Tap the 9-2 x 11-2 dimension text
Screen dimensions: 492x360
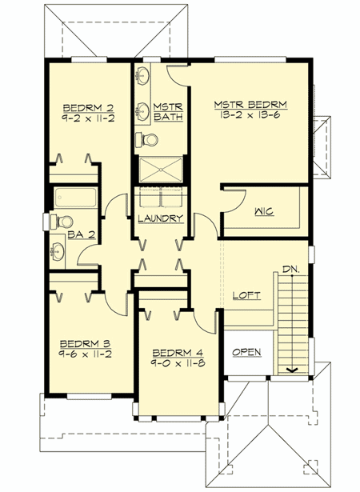pyautogui.click(x=85, y=117)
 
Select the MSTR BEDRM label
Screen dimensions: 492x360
pyautogui.click(x=250, y=104)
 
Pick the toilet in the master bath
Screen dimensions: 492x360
pyautogui.click(x=146, y=141)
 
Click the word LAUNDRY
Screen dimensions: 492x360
pyautogui.click(x=160, y=218)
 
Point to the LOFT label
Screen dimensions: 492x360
pyautogui.click(x=246, y=295)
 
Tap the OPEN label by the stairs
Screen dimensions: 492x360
pyautogui.click(x=246, y=352)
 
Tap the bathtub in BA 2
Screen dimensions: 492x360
pyautogui.click(x=75, y=197)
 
